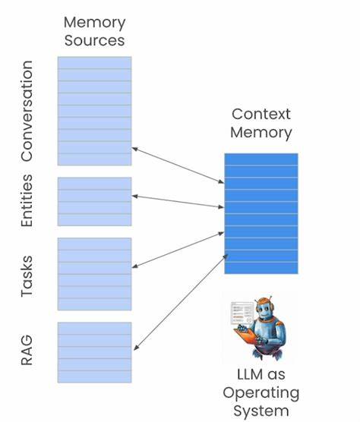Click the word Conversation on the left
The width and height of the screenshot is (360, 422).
(x=27, y=112)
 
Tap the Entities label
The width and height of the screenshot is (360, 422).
(x=27, y=201)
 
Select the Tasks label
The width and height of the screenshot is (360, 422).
(x=27, y=275)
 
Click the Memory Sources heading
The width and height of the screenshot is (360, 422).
(x=94, y=32)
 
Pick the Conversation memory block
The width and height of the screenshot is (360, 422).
(x=94, y=111)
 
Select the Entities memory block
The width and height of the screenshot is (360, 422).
(x=94, y=201)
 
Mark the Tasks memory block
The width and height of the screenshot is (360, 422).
(x=94, y=274)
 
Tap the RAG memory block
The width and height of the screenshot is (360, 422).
(x=94, y=352)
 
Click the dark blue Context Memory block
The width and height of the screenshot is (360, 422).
(x=261, y=213)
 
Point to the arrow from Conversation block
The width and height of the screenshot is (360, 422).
(x=178, y=165)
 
